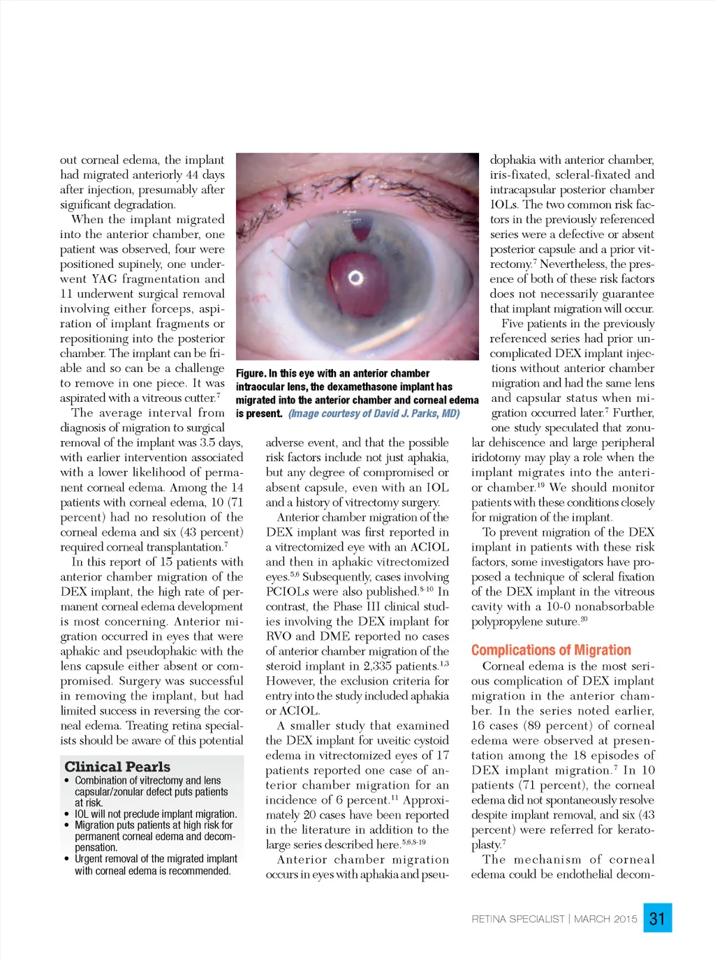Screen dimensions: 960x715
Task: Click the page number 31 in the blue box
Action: tap(657, 918)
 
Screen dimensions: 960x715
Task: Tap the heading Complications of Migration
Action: tap(551, 650)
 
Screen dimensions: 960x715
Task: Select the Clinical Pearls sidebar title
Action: tap(117, 766)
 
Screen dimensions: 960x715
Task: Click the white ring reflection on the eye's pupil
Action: tap(356, 278)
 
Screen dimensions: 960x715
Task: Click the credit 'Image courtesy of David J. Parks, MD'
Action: tap(374, 414)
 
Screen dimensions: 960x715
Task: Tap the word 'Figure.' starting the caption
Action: tap(251, 374)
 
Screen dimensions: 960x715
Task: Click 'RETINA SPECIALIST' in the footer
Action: tap(517, 919)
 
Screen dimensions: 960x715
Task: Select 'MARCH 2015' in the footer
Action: tap(605, 919)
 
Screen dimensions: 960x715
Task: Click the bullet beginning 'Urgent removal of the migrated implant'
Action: tap(156, 864)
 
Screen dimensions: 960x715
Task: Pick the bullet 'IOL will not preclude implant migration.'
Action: tap(156, 814)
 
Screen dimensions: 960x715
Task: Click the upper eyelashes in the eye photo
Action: tap(349, 181)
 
